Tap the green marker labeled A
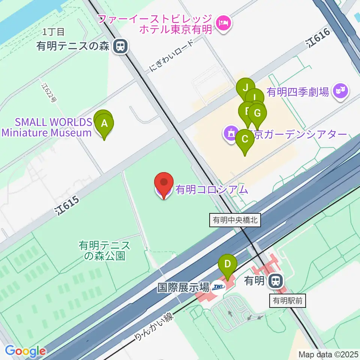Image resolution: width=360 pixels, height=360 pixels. click(x=105, y=124)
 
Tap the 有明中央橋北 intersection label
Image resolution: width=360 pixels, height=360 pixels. click(x=235, y=220)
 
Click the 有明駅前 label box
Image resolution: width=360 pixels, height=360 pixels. click(x=288, y=300)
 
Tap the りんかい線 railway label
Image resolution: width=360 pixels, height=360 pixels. click(x=154, y=327)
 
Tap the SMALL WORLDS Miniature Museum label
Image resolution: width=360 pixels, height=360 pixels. click(x=46, y=127)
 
